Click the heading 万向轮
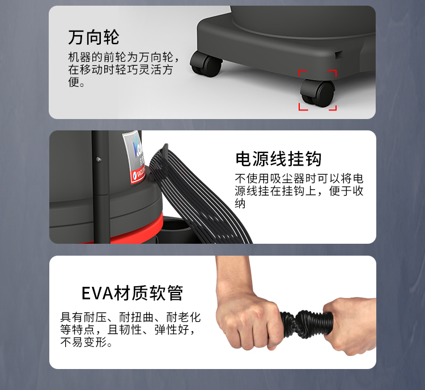click(x=93, y=37)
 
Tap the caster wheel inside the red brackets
click(x=317, y=92)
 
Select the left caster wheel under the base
click(x=206, y=63)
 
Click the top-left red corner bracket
click(x=302, y=73)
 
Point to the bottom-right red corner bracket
click(x=333, y=107)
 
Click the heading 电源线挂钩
click(x=278, y=159)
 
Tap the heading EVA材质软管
click(x=132, y=293)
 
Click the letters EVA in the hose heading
click(x=97, y=293)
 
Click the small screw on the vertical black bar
click(x=99, y=159)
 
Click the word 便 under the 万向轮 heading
click(x=74, y=82)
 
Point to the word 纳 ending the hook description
click(x=240, y=204)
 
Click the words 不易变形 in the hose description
click(x=83, y=342)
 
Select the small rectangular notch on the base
click(x=339, y=54)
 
